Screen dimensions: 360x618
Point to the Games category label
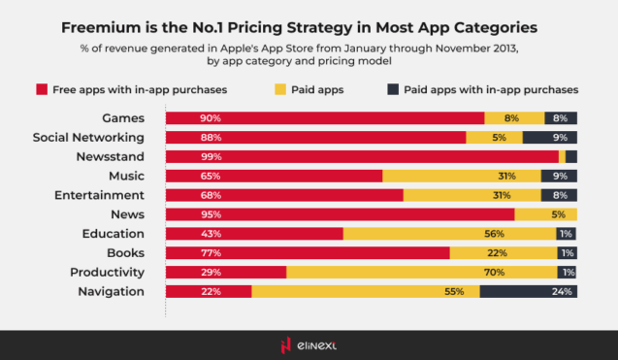[x=124, y=117]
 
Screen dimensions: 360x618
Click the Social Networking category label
[x=88, y=137]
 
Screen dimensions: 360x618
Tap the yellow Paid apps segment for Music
[x=461, y=176]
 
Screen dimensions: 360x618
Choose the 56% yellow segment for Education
[x=449, y=234]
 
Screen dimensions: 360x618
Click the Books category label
[x=125, y=253]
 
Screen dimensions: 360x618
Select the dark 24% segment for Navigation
[x=529, y=291]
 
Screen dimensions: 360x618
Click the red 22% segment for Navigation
[x=209, y=291]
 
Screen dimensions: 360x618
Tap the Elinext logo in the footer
[x=309, y=344]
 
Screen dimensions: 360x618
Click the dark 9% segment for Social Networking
[x=550, y=137]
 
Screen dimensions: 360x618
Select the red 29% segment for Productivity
[x=226, y=272]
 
